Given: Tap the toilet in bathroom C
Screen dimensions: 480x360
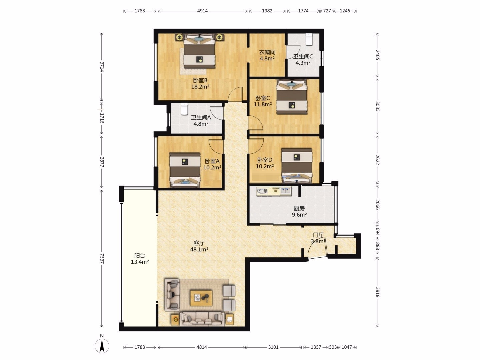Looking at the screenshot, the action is pyautogui.click(x=309, y=39).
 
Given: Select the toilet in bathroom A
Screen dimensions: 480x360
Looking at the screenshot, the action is pyautogui.click(x=185, y=109).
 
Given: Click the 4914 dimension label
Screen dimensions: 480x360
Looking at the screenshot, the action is pyautogui.click(x=202, y=11).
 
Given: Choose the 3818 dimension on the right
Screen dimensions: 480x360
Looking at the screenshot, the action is pyautogui.click(x=377, y=292).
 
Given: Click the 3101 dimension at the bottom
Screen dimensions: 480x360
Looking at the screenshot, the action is pyautogui.click(x=273, y=347).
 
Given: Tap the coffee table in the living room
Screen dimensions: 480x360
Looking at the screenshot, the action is pyautogui.click(x=201, y=298).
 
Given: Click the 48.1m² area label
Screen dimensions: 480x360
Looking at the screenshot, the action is pyautogui.click(x=199, y=249).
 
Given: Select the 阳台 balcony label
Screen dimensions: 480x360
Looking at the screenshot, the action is pyautogui.click(x=140, y=256).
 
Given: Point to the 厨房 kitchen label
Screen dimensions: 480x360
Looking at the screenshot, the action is pyautogui.click(x=299, y=208).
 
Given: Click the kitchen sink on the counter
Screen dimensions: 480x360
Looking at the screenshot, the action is pyautogui.click(x=286, y=191).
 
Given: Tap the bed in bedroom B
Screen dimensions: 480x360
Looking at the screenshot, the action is pyautogui.click(x=199, y=51).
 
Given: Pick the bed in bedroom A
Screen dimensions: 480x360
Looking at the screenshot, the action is pyautogui.click(x=185, y=170).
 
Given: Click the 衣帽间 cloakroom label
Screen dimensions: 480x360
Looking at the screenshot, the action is pyautogui.click(x=267, y=52).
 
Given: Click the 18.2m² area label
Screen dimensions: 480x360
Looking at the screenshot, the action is pyautogui.click(x=200, y=87).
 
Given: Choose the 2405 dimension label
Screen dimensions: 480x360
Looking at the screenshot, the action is pyautogui.click(x=377, y=55).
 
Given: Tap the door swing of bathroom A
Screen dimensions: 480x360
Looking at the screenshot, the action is pyautogui.click(x=216, y=113).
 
